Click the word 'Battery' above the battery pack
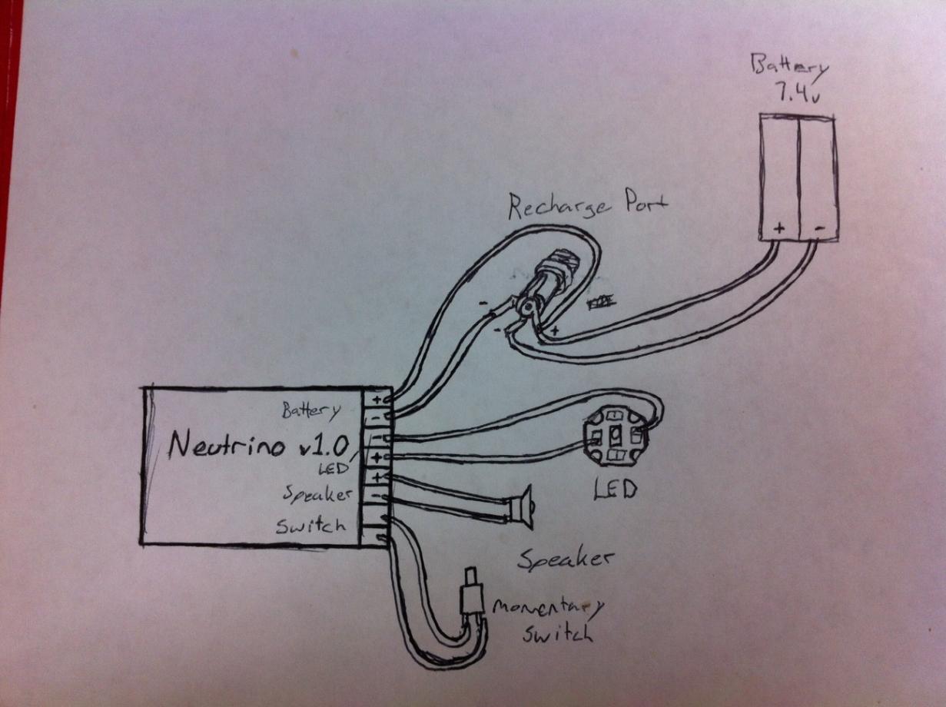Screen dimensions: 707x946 [789, 68]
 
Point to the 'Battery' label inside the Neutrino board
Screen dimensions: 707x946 [310, 410]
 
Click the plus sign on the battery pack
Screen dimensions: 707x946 [778, 228]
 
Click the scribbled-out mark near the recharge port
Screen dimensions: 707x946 [600, 304]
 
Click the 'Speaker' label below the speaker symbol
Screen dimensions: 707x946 [566, 560]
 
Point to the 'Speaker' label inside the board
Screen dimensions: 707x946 [317, 493]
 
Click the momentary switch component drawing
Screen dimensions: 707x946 [470, 599]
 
